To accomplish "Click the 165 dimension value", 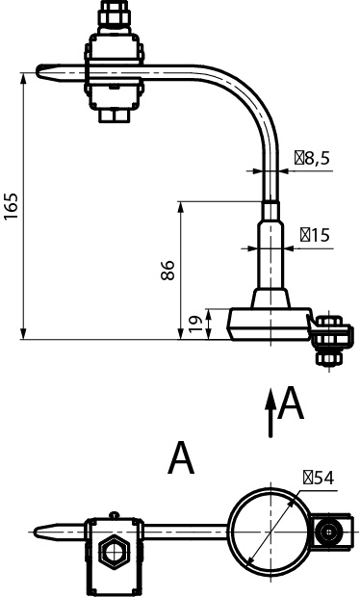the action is point(11,206).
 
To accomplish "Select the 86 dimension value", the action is point(167,271).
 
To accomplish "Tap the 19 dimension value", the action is point(196,324).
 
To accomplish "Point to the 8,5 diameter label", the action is point(312,158).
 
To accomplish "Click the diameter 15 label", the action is point(315,235).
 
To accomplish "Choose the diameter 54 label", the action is point(319,478).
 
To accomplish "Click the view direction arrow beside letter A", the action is point(270,413).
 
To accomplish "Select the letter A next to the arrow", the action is point(291,402).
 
